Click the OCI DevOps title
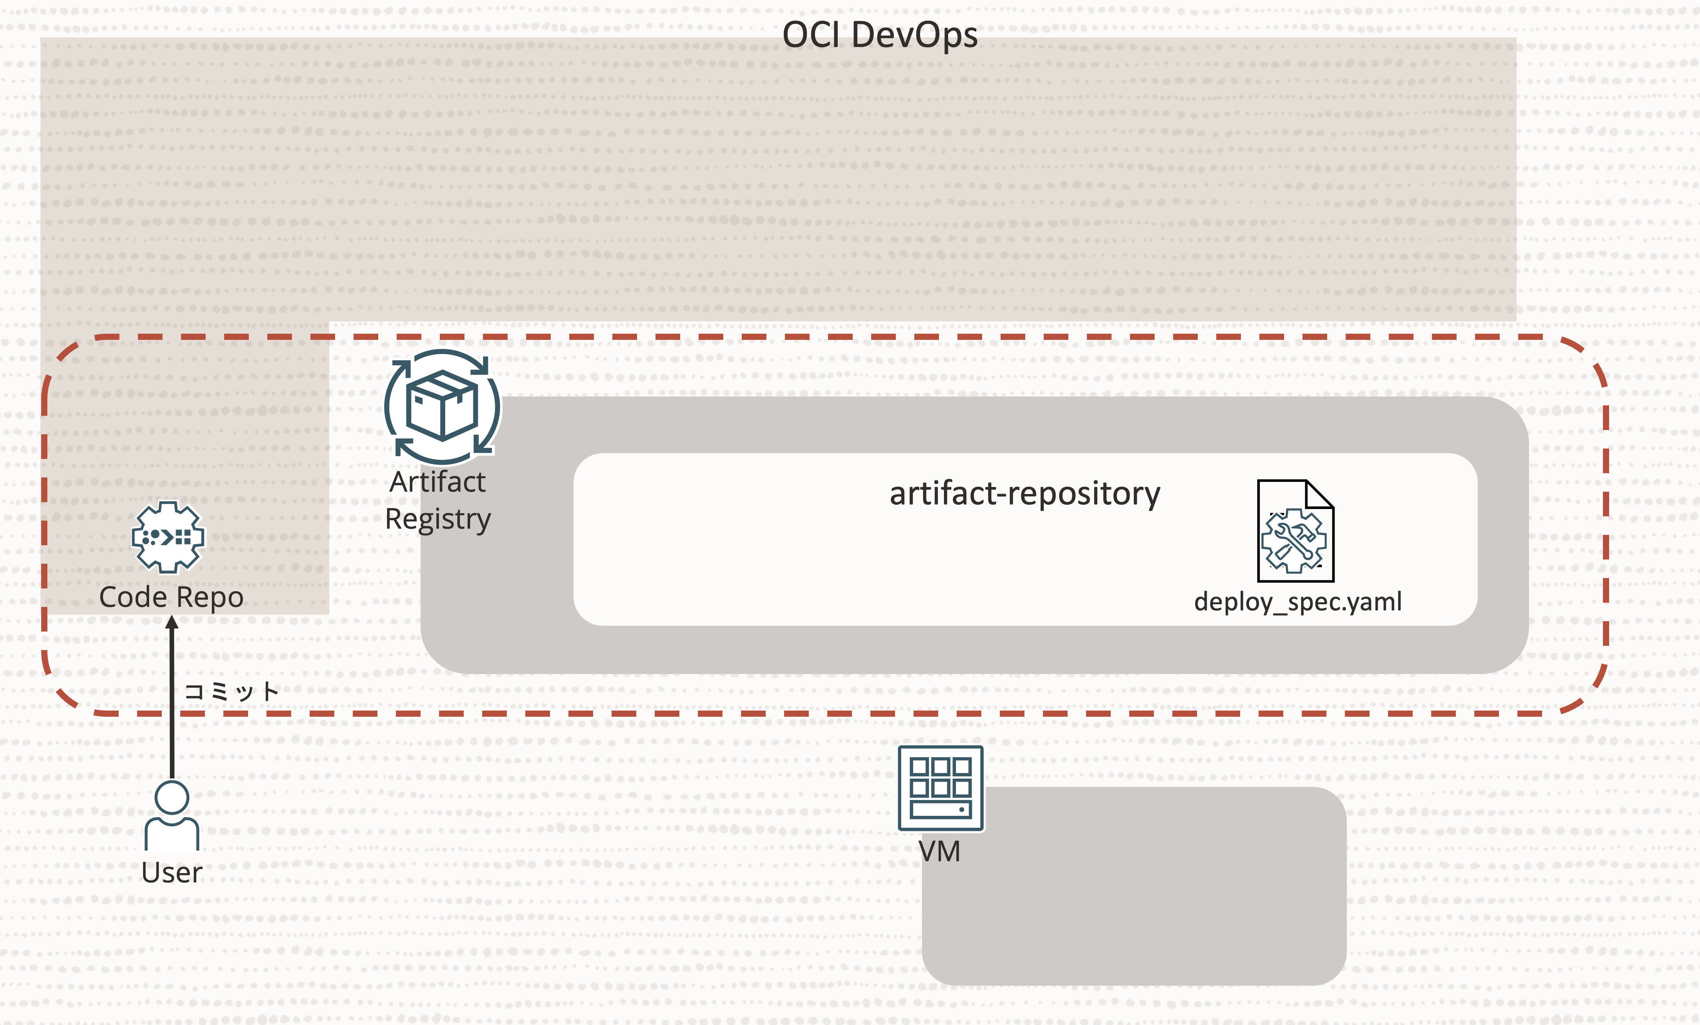[880, 35]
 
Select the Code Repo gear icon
[168, 537]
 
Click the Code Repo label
[171, 597]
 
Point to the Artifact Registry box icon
[442, 407]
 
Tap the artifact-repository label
[1024, 494]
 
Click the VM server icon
[941, 788]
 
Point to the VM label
[939, 852]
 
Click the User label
[172, 872]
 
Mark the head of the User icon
[172, 798]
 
